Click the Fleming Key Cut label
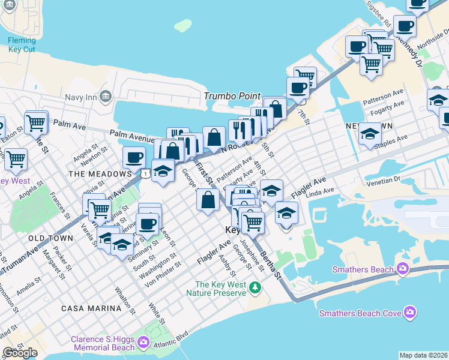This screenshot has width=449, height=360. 22,46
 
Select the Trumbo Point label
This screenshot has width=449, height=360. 232,96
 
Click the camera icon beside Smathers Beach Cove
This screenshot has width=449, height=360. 410,312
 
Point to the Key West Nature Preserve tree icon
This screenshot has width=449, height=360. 255,289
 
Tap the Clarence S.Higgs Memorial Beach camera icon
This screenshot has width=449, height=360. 143,343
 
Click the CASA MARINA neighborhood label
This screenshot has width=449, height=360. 91,308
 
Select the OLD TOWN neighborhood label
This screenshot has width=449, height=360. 50,238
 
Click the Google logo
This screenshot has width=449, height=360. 20,353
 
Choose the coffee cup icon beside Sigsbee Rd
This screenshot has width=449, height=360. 405,26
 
